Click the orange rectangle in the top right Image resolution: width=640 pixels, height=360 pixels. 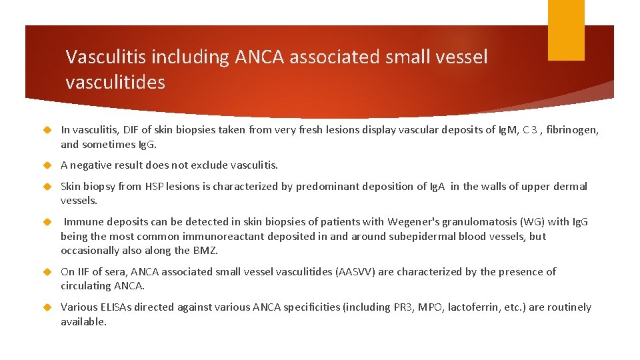click(565, 29)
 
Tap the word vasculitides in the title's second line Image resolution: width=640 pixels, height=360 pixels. click(115, 83)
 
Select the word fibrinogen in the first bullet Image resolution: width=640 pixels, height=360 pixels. click(566, 131)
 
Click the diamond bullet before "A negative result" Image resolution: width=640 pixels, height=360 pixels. click(47, 165)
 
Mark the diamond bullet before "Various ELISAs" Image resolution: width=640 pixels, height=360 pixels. click(47, 307)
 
